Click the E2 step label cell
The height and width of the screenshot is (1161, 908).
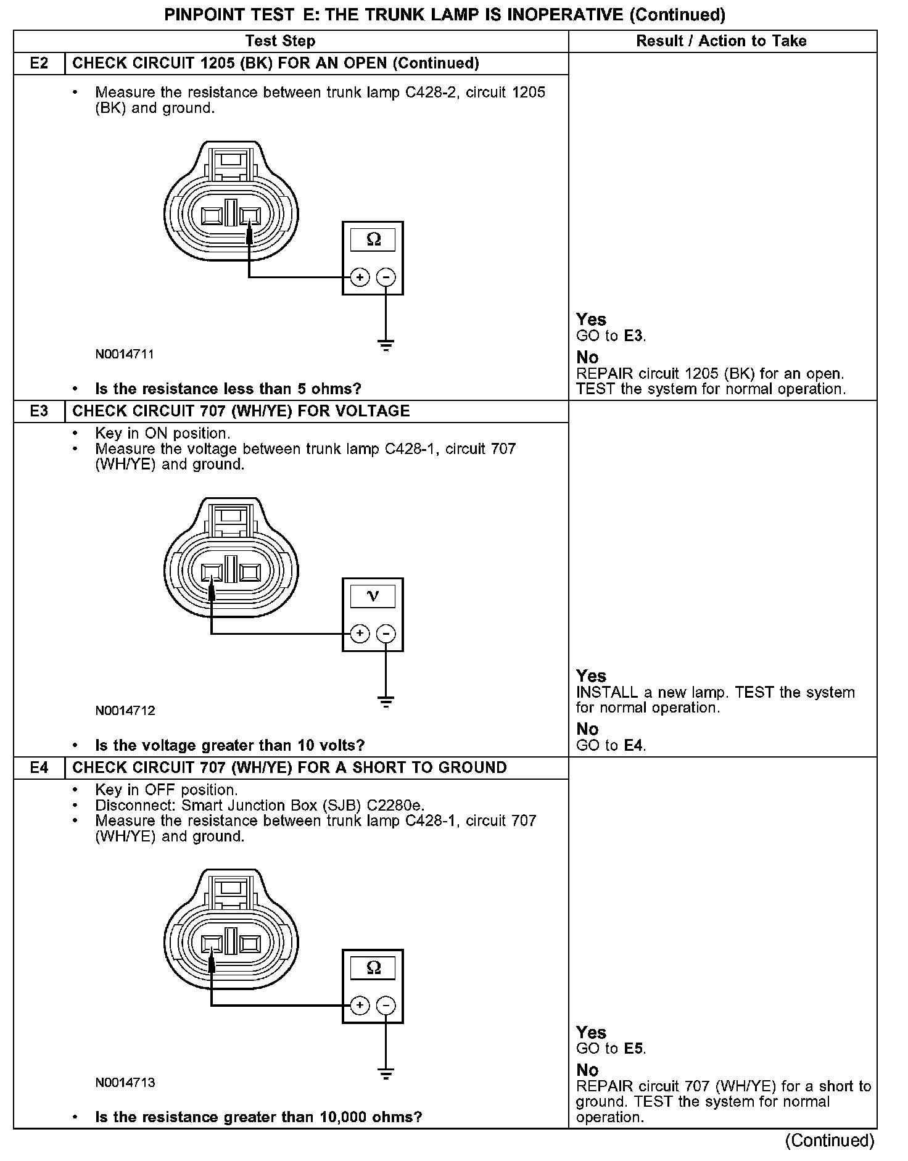click(39, 64)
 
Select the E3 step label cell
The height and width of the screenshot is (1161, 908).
click(39, 411)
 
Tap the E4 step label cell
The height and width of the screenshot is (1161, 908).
click(39, 768)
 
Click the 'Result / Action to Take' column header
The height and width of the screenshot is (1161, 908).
click(721, 41)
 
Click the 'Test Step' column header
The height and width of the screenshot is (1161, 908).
click(280, 41)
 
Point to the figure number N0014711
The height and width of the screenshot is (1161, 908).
click(125, 355)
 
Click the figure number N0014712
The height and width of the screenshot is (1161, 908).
click(125, 711)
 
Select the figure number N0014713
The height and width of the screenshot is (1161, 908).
click(125, 1083)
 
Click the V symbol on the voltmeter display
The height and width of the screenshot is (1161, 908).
click(373, 596)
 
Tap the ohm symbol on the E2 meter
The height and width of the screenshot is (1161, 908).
click(373, 239)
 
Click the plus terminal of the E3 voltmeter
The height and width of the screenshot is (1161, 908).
click(360, 634)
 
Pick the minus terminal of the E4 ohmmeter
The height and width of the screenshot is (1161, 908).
click(386, 1006)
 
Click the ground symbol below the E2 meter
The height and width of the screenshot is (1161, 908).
click(386, 345)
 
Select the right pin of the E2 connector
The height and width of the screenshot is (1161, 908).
click(250, 216)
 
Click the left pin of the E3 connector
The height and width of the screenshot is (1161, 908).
click(212, 572)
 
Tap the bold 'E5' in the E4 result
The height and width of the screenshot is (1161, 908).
click(634, 1049)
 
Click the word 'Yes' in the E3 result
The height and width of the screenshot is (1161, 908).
click(591, 676)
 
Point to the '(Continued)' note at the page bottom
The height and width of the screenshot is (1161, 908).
click(830, 1141)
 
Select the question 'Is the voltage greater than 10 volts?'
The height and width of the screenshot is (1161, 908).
click(229, 746)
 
